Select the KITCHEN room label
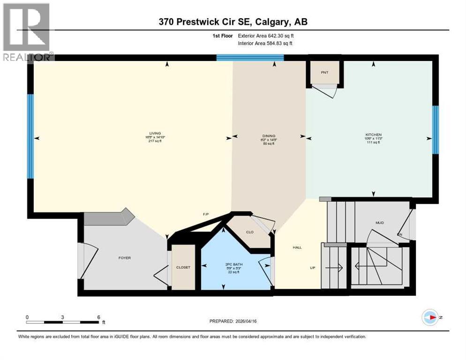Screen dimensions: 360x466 (373, 134)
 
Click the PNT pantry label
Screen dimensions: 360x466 (324, 73)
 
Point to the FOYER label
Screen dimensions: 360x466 (125, 258)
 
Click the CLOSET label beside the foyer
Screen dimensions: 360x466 (183, 267)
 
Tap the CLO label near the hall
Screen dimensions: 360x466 (250, 232)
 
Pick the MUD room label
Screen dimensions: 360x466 (380, 223)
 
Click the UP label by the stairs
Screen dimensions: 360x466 (312, 268)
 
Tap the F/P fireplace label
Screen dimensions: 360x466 (205, 214)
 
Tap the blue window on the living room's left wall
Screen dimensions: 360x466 (30, 136)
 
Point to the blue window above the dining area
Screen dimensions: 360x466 (250, 58)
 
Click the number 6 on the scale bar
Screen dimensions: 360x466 (98, 317)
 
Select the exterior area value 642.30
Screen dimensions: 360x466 (277, 36)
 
